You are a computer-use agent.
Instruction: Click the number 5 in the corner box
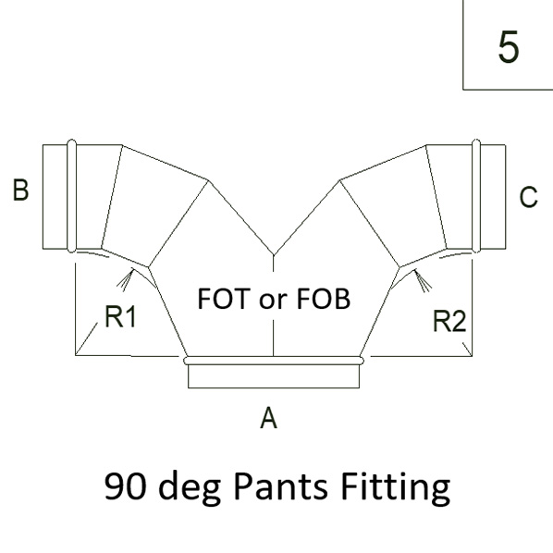pos(509,46)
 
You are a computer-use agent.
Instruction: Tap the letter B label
pos(20,190)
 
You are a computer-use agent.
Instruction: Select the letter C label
pos(528,196)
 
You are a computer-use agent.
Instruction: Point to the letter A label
pos(268,417)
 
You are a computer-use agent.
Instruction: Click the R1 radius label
pos(120,316)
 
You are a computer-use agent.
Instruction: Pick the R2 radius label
pos(449,321)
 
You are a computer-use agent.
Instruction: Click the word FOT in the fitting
pos(224,299)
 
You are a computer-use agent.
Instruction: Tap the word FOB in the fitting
pos(324,299)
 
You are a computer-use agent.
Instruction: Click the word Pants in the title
pos(280,486)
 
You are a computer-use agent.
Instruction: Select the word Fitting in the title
pos(395,488)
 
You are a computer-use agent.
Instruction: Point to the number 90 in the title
pos(125,486)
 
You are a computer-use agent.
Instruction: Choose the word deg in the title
pos(190,488)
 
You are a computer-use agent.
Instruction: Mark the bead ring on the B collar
pos(71,196)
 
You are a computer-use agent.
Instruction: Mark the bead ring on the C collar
pos(475,196)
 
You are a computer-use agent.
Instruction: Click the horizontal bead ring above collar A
pos(274,361)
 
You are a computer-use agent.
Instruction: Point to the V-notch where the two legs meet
pos(274,254)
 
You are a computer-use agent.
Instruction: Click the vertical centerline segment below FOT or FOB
pos(274,338)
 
